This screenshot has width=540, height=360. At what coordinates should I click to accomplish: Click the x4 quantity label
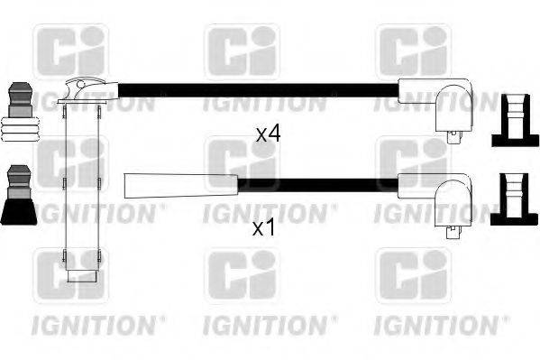(268, 134)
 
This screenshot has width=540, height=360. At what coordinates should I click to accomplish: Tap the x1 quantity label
(263, 229)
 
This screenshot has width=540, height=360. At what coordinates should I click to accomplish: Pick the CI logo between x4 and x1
(242, 162)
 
